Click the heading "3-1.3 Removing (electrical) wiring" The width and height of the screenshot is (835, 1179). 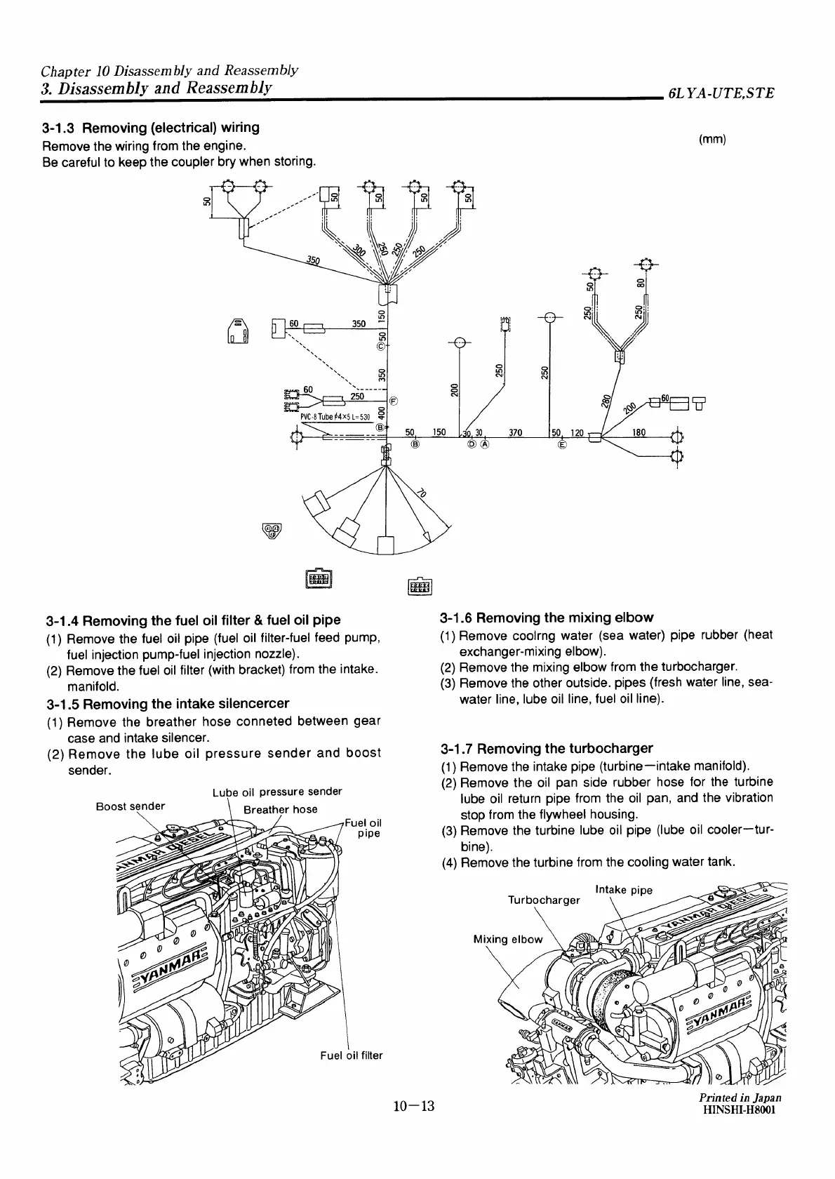[150, 128]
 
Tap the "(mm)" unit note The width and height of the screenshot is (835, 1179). [712, 139]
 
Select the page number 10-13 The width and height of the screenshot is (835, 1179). [414, 1127]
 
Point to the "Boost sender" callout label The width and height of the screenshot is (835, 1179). [131, 806]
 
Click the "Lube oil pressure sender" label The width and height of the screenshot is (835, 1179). [276, 792]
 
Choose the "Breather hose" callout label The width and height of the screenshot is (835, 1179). [280, 809]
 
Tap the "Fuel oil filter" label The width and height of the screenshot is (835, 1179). [351, 1055]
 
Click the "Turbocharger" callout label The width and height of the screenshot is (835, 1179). [544, 900]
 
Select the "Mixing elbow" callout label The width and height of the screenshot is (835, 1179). [507, 939]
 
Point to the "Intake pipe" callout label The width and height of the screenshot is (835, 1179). [623, 890]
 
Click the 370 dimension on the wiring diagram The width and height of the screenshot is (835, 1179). [515, 433]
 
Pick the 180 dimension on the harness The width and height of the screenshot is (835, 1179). [641, 433]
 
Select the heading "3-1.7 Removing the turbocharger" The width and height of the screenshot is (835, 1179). [547, 747]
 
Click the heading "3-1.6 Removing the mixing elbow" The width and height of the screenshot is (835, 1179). [547, 618]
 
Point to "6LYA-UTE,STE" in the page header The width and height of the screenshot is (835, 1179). [721, 93]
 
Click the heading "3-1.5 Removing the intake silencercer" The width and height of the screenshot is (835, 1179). [166, 703]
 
